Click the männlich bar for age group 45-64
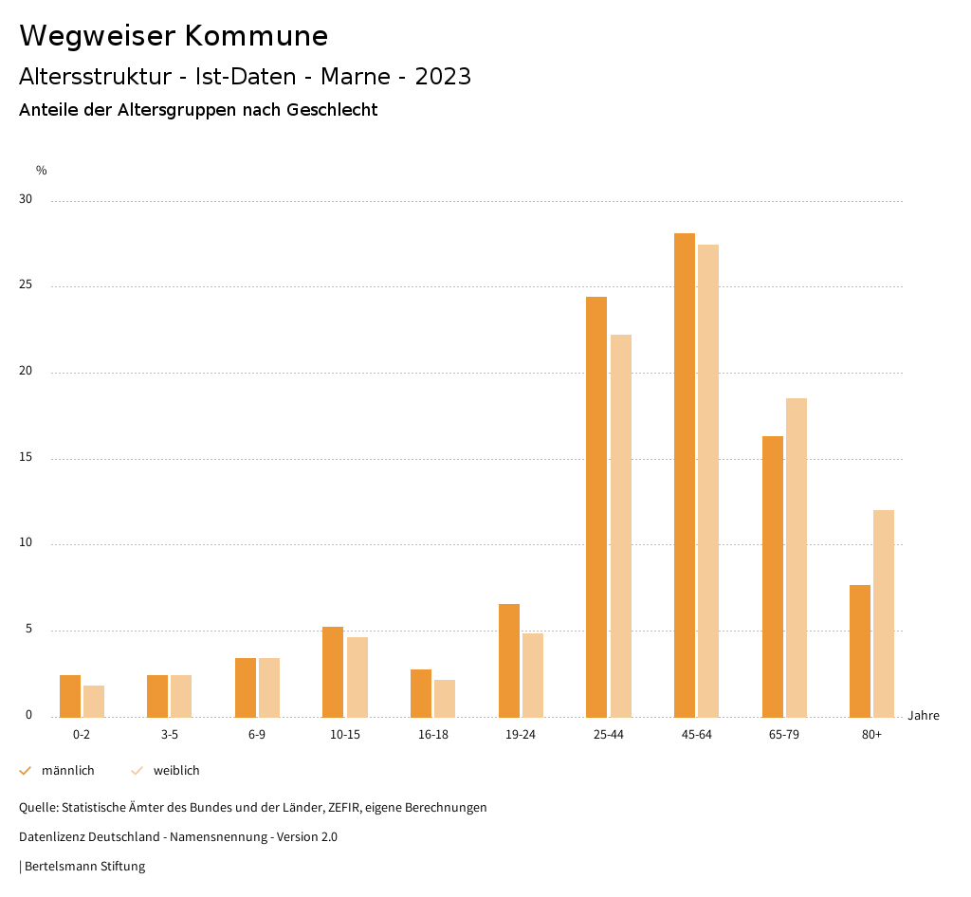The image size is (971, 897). (685, 474)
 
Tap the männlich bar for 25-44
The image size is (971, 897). (596, 506)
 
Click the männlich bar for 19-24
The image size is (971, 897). (509, 660)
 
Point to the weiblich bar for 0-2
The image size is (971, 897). (94, 701)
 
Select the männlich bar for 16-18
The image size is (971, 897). (421, 693)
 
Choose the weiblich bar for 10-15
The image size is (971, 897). (357, 677)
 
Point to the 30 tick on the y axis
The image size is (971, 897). (26, 199)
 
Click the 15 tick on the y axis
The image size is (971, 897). (26, 458)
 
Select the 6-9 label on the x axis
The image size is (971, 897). (257, 735)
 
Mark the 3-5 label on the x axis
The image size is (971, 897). (170, 735)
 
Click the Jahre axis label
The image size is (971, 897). (924, 715)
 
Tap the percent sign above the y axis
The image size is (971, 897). (42, 171)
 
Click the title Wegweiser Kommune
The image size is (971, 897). (174, 35)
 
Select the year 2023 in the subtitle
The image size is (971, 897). (443, 76)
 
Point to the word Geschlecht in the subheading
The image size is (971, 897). (334, 110)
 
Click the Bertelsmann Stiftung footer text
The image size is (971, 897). (84, 866)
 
